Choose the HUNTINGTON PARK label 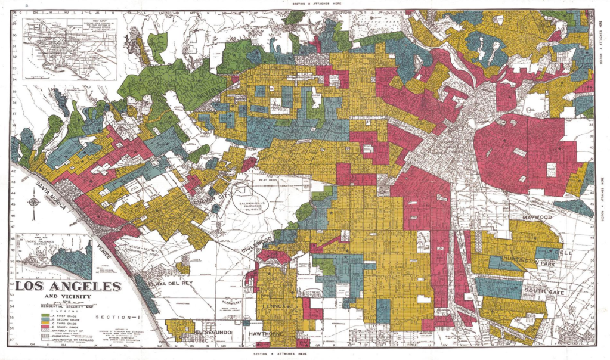(527, 260)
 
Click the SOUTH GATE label (540, 292)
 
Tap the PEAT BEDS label (267, 178)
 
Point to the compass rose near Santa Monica (34, 202)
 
